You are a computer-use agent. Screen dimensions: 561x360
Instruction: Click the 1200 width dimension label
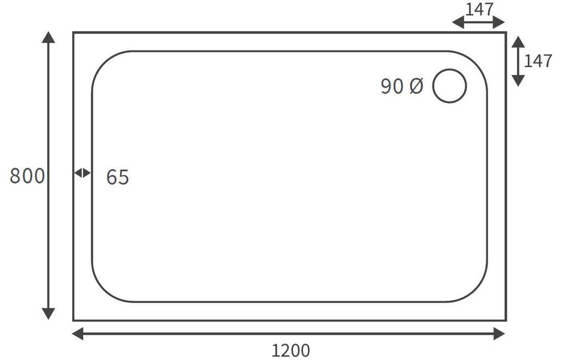pos(290,351)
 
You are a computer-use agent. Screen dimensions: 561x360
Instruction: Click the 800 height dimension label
pos(27,176)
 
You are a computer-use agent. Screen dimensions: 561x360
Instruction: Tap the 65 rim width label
pos(118,177)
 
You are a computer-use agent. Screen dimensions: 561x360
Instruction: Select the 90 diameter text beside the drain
pos(392,86)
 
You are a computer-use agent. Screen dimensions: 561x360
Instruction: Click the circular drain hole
pos(449,69)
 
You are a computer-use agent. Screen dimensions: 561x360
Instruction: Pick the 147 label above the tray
pos(479,10)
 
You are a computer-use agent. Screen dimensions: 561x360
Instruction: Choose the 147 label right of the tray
pos(538,61)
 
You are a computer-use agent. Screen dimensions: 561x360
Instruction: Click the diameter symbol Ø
pos(416,86)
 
